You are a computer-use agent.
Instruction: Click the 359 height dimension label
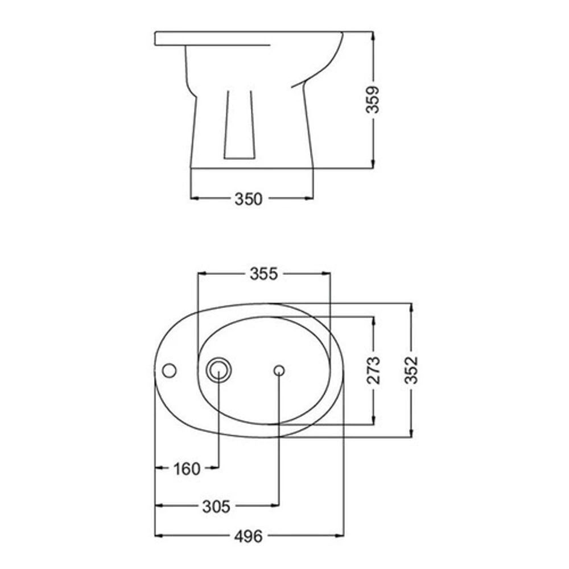pyautogui.click(x=372, y=100)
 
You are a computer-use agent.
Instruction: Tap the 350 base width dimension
pyautogui.click(x=248, y=199)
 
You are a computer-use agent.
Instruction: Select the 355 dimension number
pyautogui.click(x=264, y=274)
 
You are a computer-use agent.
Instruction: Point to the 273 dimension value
pyautogui.click(x=373, y=370)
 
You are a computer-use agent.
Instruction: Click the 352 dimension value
pyautogui.click(x=411, y=370)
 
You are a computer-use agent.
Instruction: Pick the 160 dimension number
pyautogui.click(x=187, y=469)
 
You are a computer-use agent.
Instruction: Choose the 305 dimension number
pyautogui.click(x=216, y=506)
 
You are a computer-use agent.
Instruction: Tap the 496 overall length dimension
pyautogui.click(x=248, y=537)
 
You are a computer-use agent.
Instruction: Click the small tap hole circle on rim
pyautogui.click(x=169, y=371)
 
